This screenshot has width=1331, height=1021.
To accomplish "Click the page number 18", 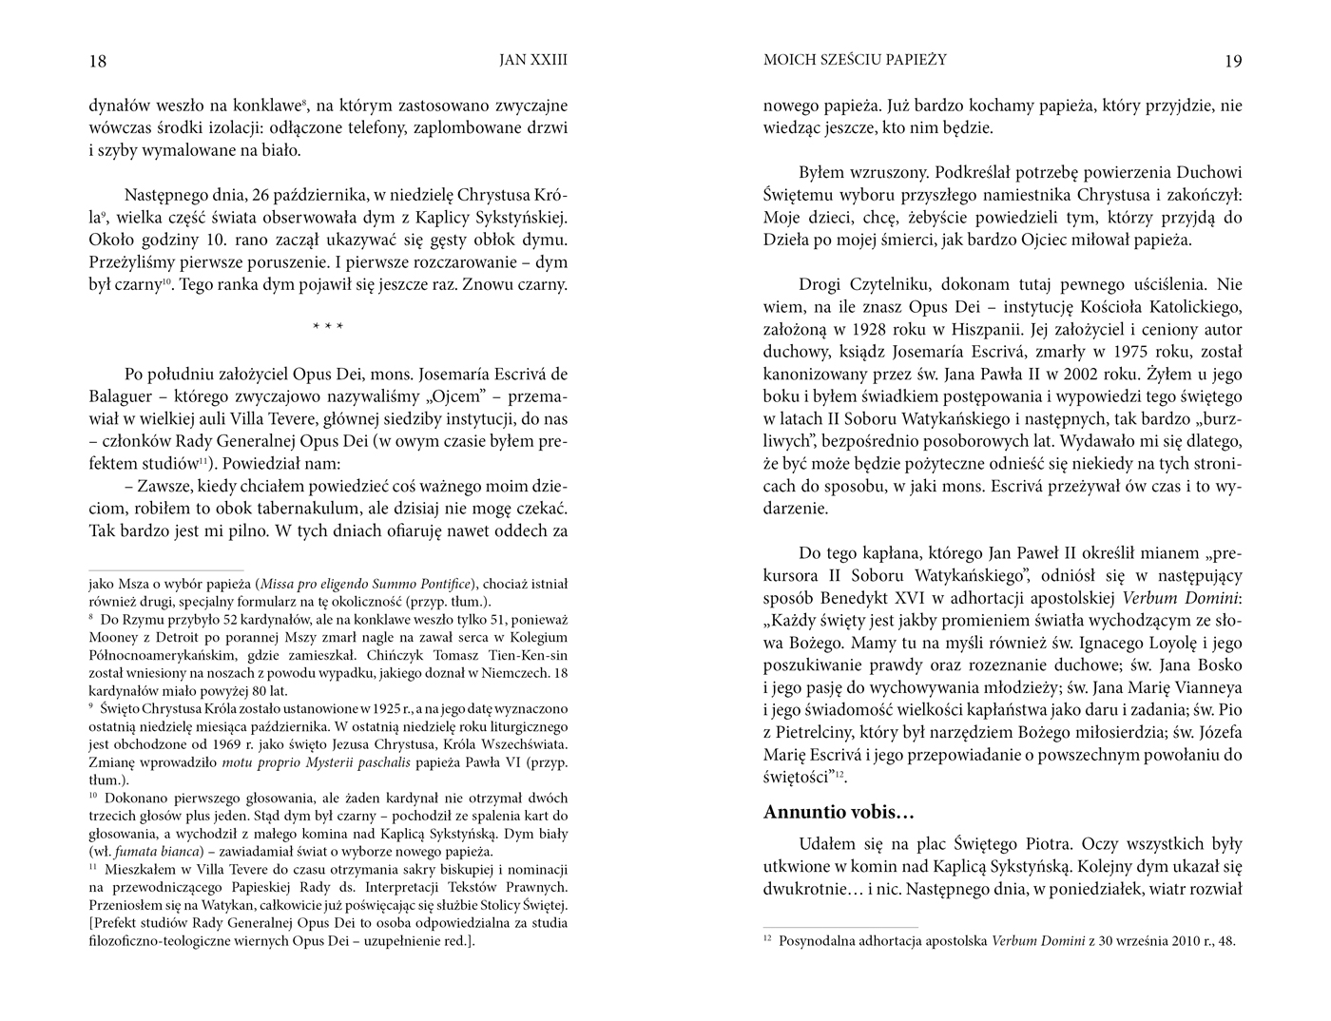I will [98, 62].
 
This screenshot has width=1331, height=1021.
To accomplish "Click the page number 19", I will [1232, 62].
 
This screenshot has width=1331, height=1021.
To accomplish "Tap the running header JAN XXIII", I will [533, 60].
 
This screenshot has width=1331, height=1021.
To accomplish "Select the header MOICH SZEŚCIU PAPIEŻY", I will [855, 60].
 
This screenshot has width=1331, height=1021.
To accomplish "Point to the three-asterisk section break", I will [328, 328].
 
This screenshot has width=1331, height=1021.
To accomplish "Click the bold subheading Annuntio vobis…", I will [839, 813].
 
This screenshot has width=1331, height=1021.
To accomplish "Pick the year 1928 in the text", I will [904, 330].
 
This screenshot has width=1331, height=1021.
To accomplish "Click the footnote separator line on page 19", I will [840, 927].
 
